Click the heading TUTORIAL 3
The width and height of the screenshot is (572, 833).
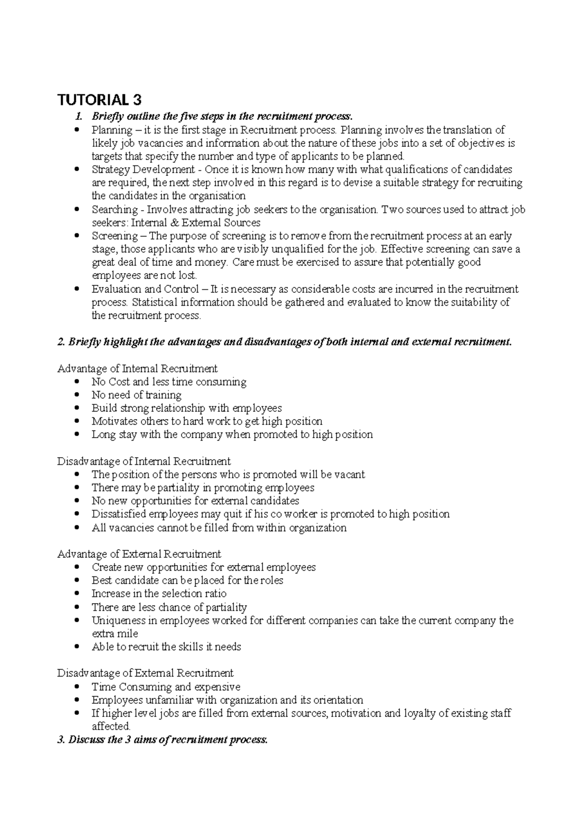[100, 100]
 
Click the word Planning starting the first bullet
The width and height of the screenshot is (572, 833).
[112, 130]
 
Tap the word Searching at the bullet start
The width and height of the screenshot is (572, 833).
[114, 209]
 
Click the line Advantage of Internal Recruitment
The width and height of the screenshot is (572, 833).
[137, 369]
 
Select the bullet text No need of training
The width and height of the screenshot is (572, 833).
[136, 395]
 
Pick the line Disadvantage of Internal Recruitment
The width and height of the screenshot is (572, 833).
[143, 462]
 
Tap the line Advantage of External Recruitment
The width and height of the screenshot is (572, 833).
[139, 554]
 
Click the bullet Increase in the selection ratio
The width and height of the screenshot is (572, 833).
[159, 594]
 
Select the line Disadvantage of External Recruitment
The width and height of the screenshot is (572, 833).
[145, 673]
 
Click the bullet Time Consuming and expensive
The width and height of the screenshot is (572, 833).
[165, 687]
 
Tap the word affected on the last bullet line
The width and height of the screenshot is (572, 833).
[110, 727]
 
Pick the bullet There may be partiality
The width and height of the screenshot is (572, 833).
[203, 488]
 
